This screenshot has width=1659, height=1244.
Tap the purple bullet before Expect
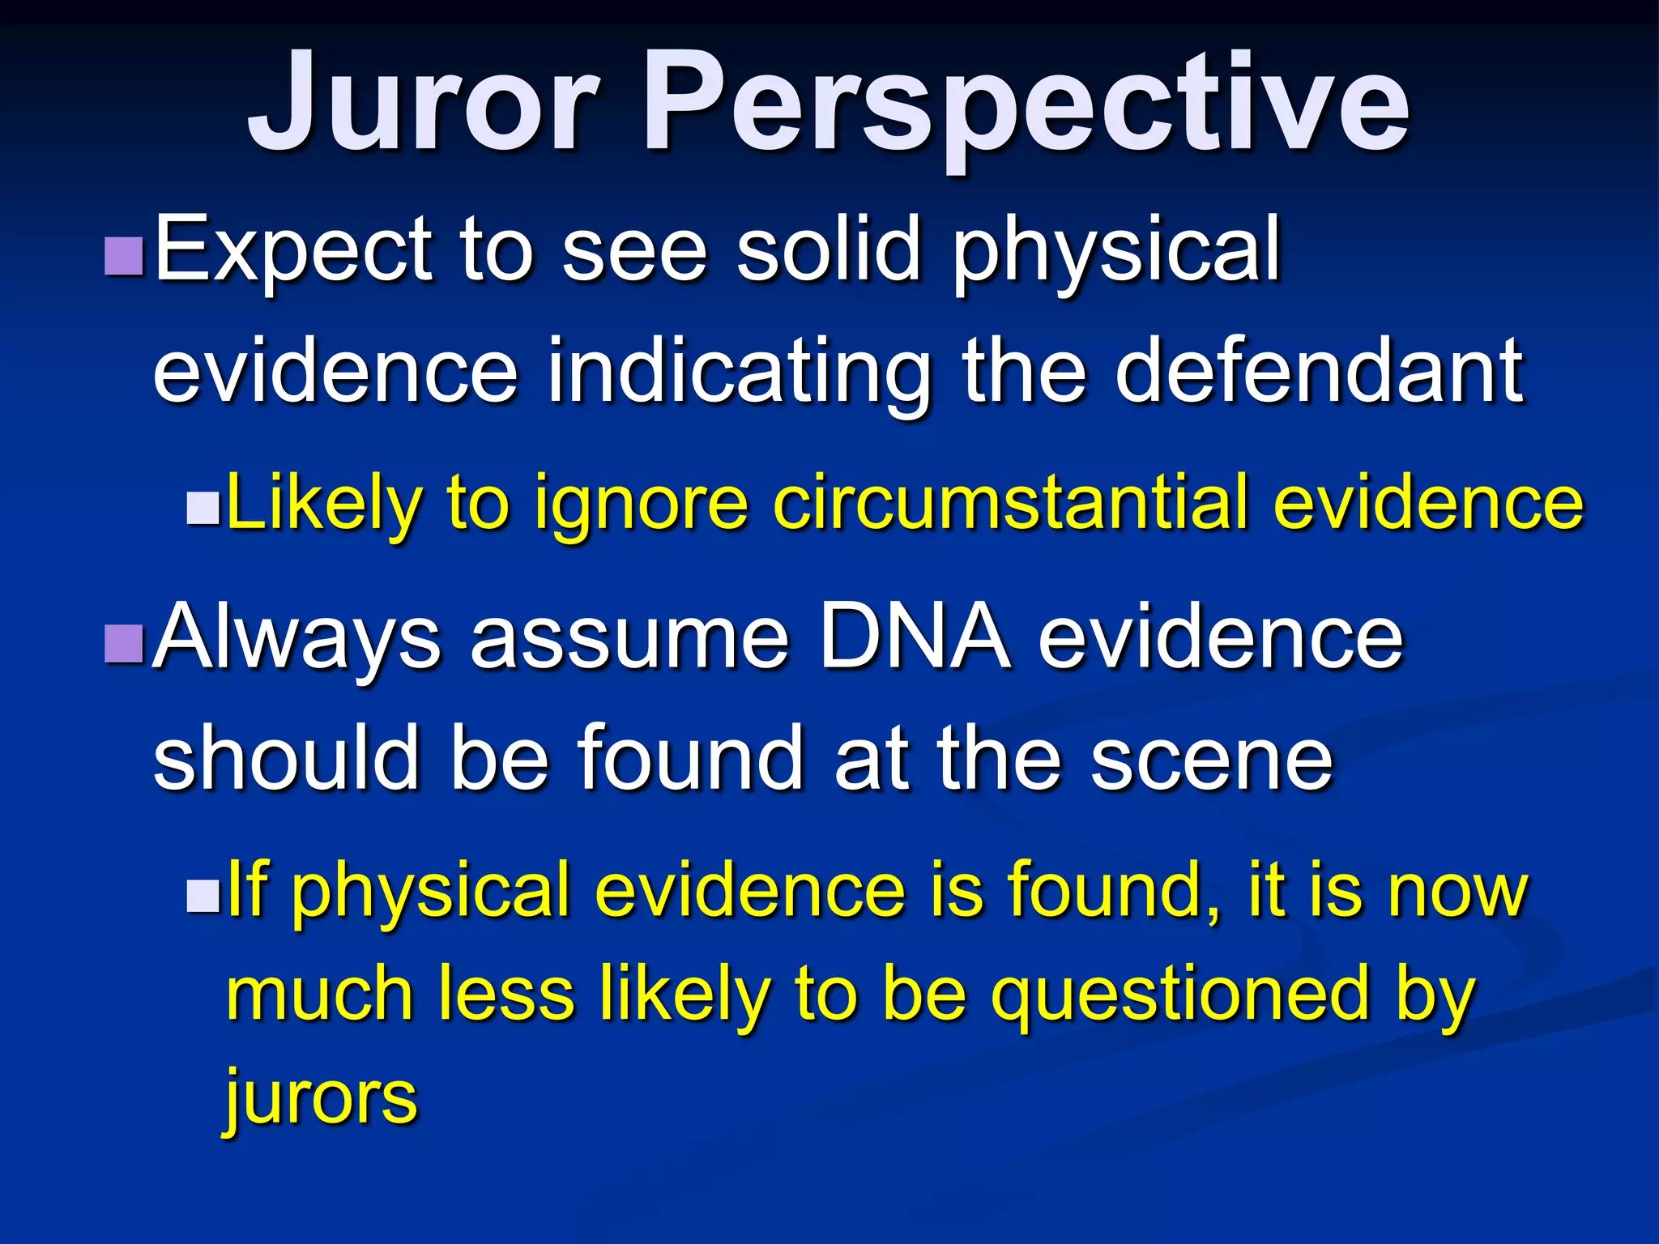pos(125,255)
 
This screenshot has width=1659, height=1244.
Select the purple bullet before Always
pos(125,643)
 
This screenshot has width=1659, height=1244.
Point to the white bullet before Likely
pos(203,509)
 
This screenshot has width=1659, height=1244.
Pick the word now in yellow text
pos(1457,893)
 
